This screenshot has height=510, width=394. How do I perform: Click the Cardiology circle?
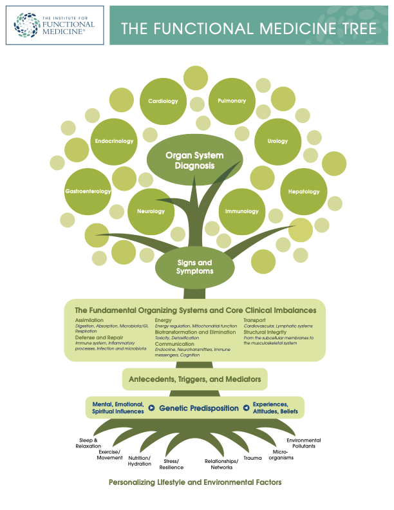tap(163, 101)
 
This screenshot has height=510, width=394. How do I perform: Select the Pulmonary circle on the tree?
tap(232, 101)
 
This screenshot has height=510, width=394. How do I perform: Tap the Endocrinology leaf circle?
tap(114, 142)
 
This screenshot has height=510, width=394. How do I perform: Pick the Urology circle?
tap(277, 142)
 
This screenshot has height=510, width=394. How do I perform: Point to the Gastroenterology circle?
tap(88, 191)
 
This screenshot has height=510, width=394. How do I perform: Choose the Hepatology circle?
tap(304, 191)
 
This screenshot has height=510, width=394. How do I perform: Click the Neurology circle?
tap(151, 211)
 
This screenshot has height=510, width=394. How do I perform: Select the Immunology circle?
tap(242, 211)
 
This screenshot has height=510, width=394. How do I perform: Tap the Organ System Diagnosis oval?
tap(194, 160)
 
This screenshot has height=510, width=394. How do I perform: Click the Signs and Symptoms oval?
tap(194, 267)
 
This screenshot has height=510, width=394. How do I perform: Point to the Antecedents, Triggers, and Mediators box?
tap(194, 379)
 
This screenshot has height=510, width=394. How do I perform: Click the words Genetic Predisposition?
tap(199, 408)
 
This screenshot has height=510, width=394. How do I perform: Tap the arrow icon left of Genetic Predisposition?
tap(151, 408)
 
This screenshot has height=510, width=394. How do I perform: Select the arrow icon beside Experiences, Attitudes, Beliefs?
tap(246, 408)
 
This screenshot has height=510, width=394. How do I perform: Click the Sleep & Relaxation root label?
tap(88, 443)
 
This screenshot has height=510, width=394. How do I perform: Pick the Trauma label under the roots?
tap(252, 458)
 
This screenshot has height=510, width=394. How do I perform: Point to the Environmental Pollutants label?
tap(304, 443)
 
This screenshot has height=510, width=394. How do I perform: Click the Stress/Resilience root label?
tap(171, 464)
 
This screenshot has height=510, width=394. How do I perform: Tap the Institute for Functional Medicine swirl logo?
tap(26, 25)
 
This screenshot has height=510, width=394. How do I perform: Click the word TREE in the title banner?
tap(359, 28)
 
